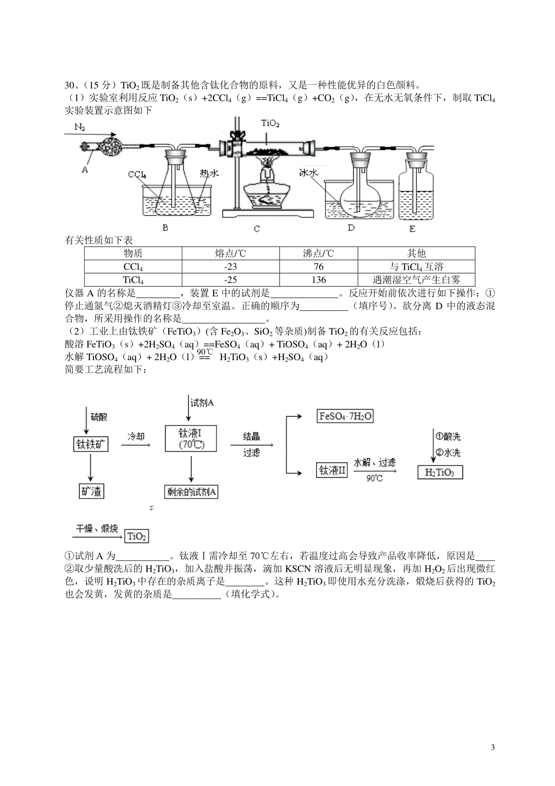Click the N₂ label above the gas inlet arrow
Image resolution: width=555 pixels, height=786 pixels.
(x=79, y=127)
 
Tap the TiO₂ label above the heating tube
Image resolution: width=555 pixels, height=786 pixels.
(x=270, y=124)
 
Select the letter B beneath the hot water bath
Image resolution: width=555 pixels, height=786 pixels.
(x=166, y=228)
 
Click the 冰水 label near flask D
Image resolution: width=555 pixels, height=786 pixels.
(x=308, y=172)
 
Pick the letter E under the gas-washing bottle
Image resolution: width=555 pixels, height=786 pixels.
(x=412, y=229)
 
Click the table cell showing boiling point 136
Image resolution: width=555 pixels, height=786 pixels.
(x=319, y=280)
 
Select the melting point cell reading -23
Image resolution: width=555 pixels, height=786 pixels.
(x=230, y=267)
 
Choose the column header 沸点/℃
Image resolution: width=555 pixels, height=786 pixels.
(x=319, y=253)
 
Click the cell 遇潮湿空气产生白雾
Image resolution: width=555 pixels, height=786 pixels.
(x=416, y=280)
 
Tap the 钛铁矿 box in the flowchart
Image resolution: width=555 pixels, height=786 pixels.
(x=91, y=444)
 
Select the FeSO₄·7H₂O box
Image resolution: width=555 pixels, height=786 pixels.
(x=345, y=416)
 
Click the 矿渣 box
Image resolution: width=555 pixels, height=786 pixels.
(x=91, y=491)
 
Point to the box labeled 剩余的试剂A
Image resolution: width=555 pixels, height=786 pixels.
(x=191, y=492)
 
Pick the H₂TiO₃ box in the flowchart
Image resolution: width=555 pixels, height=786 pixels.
(x=440, y=472)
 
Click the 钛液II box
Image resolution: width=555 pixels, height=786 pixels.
(x=332, y=471)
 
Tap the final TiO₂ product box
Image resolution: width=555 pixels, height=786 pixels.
(x=137, y=536)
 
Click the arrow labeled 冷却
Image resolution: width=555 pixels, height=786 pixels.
(x=136, y=445)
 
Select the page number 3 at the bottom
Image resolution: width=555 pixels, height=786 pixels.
(x=493, y=748)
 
